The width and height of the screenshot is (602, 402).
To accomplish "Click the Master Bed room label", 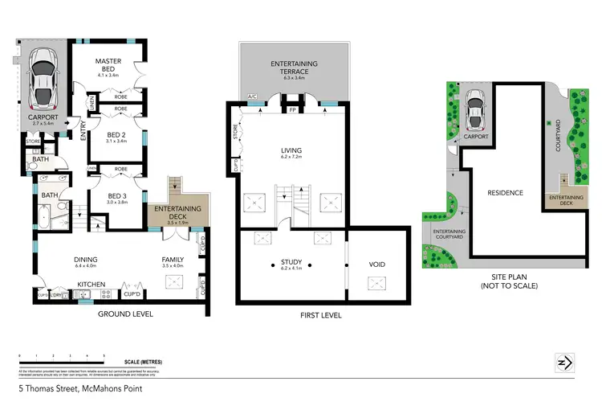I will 108,65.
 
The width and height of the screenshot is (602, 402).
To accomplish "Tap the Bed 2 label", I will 116,136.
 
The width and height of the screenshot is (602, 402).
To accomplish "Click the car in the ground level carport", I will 42,79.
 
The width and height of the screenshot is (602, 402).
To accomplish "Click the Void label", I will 377,263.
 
